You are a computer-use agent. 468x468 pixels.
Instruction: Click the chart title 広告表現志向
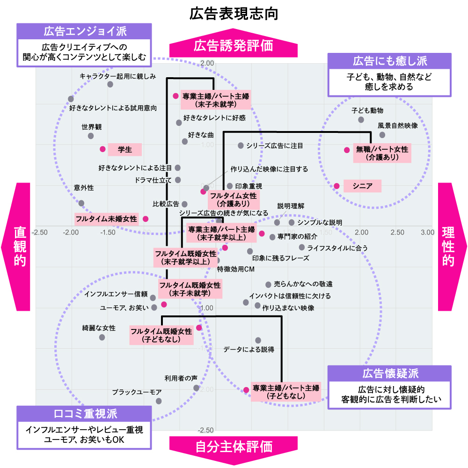click(x=234, y=14)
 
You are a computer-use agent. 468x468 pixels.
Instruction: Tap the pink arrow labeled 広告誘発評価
click(x=233, y=46)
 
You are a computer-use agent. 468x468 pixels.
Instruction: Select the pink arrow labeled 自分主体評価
click(x=233, y=446)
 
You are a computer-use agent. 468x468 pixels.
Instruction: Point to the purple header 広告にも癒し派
click(x=389, y=61)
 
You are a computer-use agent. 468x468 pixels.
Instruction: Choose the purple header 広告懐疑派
click(x=389, y=373)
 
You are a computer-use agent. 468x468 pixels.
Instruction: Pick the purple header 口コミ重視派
click(x=85, y=414)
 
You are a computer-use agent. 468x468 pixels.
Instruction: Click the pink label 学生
click(x=124, y=150)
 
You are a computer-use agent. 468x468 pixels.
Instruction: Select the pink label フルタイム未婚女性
click(x=106, y=219)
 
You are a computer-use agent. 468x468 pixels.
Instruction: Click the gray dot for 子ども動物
click(x=361, y=120)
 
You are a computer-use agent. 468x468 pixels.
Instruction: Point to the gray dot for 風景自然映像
click(x=382, y=135)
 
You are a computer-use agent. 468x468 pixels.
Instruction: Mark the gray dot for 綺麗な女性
click(x=102, y=337)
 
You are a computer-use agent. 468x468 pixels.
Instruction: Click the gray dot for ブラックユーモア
click(x=159, y=401)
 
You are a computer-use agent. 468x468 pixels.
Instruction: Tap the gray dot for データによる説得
click(x=258, y=340)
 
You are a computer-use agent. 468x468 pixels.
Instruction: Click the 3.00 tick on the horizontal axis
click(x=426, y=233)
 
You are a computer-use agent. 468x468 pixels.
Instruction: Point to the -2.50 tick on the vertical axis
click(x=206, y=430)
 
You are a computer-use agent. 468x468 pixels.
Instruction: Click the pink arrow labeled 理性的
click(x=452, y=246)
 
